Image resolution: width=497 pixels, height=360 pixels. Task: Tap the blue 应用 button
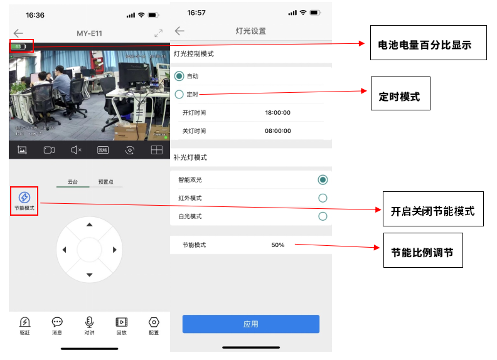tap(250, 324)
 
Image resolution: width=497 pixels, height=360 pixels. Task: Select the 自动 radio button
tap(179, 76)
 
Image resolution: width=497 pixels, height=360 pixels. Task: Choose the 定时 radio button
tap(179, 94)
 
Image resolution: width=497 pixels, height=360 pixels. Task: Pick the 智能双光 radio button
tap(323, 180)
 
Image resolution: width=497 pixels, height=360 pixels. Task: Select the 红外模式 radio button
tap(323, 198)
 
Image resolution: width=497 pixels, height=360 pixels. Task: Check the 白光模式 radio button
tap(323, 216)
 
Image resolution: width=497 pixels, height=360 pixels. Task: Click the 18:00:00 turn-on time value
tap(277, 113)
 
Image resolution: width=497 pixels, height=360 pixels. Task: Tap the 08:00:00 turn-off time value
tap(277, 131)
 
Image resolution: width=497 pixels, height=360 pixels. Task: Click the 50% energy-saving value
tap(277, 245)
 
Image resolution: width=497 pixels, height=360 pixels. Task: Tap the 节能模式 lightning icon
tap(24, 197)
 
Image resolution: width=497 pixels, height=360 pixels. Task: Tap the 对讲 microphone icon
tap(89, 322)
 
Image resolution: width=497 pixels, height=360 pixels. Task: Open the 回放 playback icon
tap(121, 322)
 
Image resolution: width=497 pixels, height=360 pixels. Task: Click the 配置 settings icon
tap(154, 322)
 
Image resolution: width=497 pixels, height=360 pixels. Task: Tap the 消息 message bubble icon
tap(57, 322)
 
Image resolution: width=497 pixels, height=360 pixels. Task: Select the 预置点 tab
tap(106, 181)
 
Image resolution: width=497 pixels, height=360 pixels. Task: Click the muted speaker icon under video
tap(76, 150)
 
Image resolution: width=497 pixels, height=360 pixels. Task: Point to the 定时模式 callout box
tap(400, 93)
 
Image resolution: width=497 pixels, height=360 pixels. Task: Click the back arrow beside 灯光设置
tap(180, 31)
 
